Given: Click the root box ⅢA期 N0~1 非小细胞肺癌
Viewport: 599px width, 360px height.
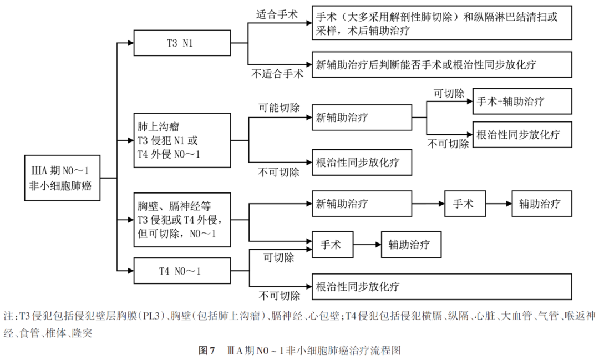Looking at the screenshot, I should click(62, 178).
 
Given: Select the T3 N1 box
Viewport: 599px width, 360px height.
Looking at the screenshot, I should click(182, 43).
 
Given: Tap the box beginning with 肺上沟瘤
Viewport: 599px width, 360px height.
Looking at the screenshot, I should click(182, 140).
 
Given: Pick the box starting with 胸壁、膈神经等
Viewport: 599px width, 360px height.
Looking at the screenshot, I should click(182, 220).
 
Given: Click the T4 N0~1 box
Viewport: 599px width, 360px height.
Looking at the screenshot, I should click(182, 272).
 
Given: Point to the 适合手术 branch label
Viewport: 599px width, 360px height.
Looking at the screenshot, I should click(277, 14).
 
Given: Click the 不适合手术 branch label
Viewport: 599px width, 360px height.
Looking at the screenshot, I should click(278, 73).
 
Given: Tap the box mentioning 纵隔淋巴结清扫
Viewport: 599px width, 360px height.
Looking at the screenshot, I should click(441, 24).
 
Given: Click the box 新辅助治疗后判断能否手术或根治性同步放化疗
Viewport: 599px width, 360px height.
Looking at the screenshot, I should click(441, 64).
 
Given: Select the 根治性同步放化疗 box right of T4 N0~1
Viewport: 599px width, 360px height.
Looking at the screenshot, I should click(441, 287).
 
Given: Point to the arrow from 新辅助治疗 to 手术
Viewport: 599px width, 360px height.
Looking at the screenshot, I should click(428, 204).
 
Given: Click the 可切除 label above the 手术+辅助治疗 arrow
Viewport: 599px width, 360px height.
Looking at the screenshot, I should click(449, 93).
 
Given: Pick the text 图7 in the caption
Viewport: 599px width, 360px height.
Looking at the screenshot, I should click(206, 351).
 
